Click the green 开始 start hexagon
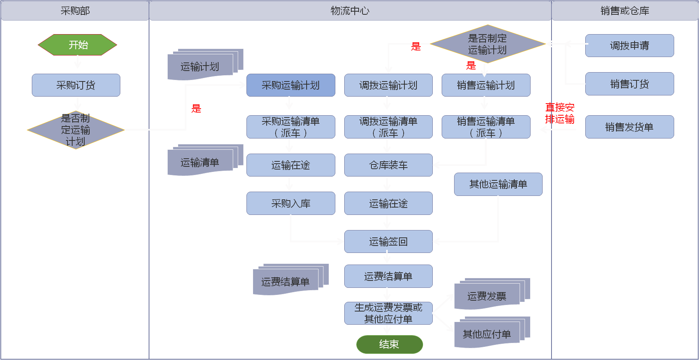pos(78,45)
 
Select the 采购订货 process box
pos(76,85)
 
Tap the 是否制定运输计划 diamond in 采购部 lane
pos(76,130)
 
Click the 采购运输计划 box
pos(291,85)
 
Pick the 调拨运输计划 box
pos(389,85)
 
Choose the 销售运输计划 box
pos(486,85)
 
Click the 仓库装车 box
pos(389,165)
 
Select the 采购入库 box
pos(291,203)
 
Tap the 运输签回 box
pos(389,242)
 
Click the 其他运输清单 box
pos(498,184)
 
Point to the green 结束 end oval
pos(389,344)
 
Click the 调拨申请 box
pos(630,46)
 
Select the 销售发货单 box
pos(630,127)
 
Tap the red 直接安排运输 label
pos(560,113)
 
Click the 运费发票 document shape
pos(487,296)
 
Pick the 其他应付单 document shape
pos(487,334)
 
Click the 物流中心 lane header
pos(350,11)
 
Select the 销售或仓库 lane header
pos(625,11)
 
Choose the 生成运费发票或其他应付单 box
pos(389,313)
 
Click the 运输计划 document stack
pos(200,67)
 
